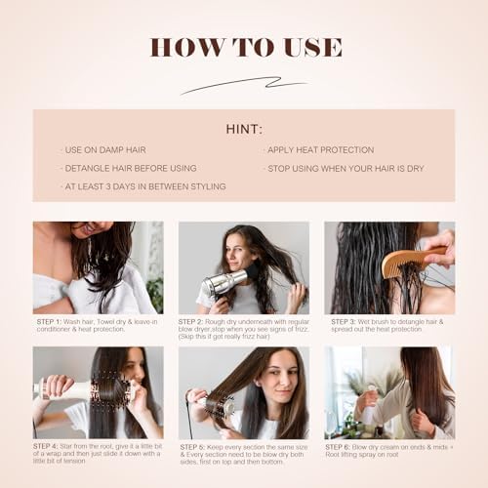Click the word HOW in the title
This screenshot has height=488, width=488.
pos(181,47)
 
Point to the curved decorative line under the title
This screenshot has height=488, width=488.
pos(243,85)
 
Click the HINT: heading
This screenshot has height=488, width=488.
pos(243,128)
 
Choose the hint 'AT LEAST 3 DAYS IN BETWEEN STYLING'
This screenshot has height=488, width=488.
pos(143,186)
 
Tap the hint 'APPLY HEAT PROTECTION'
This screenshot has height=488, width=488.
pos(321,150)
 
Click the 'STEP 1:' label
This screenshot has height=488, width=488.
pos(49,321)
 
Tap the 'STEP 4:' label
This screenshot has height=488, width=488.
pos(49,446)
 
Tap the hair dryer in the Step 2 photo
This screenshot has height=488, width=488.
pos(219,282)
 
